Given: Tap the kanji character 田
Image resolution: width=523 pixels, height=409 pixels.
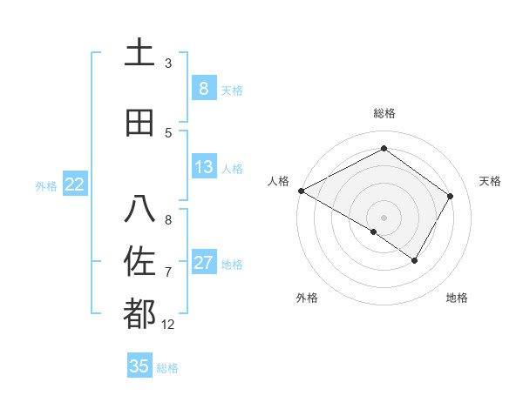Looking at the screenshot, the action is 139,123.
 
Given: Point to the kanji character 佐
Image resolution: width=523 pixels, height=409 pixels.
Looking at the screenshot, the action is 139,262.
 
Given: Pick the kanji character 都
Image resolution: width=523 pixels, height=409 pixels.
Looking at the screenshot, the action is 139,313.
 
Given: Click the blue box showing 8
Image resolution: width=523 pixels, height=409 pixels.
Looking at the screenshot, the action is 203,89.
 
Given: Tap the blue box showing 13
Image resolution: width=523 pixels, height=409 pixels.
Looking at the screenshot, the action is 203,167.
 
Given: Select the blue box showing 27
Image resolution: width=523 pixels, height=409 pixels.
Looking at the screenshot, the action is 203,263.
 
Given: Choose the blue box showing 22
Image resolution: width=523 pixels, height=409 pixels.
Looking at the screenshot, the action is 74,184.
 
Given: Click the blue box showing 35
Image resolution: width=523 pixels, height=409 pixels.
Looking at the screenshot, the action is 139,366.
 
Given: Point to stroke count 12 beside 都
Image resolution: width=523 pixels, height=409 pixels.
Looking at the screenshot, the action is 168,325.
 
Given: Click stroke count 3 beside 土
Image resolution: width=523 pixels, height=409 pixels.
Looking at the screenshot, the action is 168,64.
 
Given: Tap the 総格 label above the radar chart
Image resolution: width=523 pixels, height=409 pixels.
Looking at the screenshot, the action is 384,113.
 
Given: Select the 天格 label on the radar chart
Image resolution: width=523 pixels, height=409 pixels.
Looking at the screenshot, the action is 491,181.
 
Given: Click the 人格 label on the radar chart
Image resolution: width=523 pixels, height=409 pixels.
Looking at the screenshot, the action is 278,181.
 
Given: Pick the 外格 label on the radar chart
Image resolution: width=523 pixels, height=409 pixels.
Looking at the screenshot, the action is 307,298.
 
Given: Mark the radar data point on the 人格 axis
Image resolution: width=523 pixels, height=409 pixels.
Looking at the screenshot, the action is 301,190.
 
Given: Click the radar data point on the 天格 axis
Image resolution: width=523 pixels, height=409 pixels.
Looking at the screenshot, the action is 451,196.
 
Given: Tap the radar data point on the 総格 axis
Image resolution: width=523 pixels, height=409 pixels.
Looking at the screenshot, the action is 384,149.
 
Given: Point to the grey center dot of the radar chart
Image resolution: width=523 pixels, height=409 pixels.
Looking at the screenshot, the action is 384,217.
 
